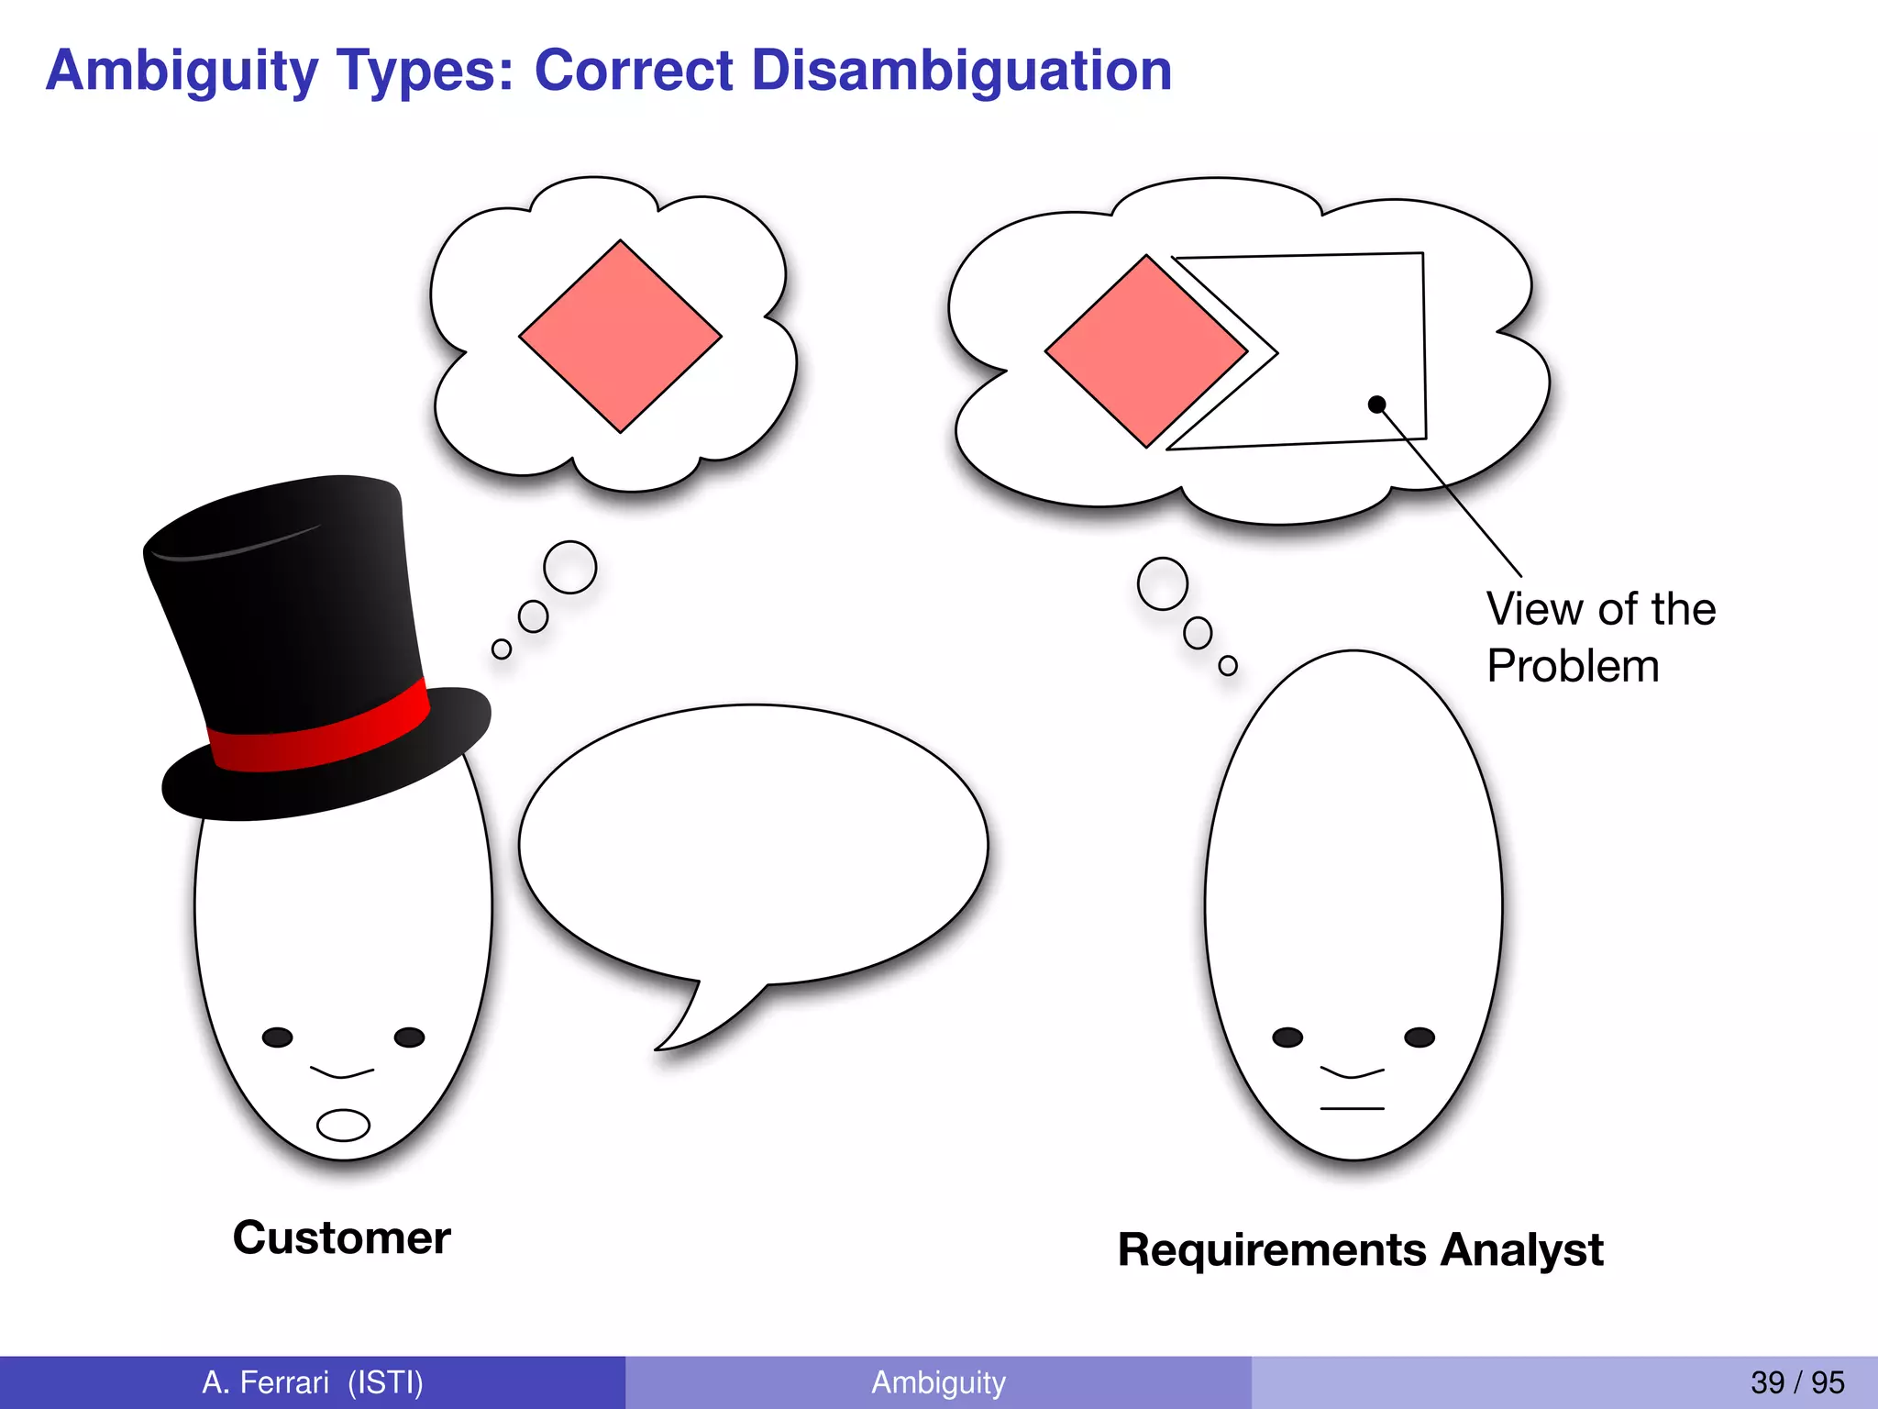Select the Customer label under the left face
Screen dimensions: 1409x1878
[x=341, y=1237]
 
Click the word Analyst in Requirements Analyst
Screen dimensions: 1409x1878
[x=1521, y=1250]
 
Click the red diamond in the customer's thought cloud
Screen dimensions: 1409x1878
[x=621, y=337]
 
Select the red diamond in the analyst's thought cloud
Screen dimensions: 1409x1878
[x=1146, y=351]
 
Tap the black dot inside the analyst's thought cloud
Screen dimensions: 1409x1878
[x=1376, y=405]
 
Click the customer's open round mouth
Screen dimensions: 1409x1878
[x=343, y=1125]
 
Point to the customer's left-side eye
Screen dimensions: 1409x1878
[x=277, y=1037]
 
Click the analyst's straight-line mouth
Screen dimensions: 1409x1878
[x=1352, y=1109]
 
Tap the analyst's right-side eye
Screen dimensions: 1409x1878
[x=1420, y=1037]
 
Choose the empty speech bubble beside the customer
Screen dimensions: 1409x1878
[x=752, y=844]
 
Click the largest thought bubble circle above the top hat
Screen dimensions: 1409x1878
[x=570, y=567]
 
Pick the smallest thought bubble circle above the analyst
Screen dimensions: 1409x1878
[x=1228, y=666]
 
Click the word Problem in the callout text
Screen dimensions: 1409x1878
[x=1573, y=666]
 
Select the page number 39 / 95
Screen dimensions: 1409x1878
[x=1797, y=1382]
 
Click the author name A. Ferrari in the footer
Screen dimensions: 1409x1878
[x=266, y=1382]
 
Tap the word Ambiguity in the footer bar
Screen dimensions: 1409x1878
[x=938, y=1382]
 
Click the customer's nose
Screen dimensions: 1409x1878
[x=342, y=1071]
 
